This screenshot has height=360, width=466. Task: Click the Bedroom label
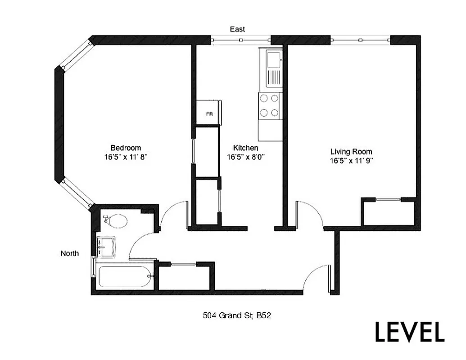(x=126, y=148)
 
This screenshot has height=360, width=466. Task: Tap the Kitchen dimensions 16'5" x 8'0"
(x=245, y=157)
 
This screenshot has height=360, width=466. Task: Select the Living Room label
(x=352, y=152)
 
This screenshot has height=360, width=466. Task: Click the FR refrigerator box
(x=209, y=113)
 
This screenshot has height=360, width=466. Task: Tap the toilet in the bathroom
(x=116, y=220)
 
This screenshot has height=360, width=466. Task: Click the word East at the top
(x=237, y=29)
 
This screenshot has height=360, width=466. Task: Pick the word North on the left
(x=70, y=253)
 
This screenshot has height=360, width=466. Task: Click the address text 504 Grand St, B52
(x=236, y=316)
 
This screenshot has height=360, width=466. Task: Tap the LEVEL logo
(x=410, y=332)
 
